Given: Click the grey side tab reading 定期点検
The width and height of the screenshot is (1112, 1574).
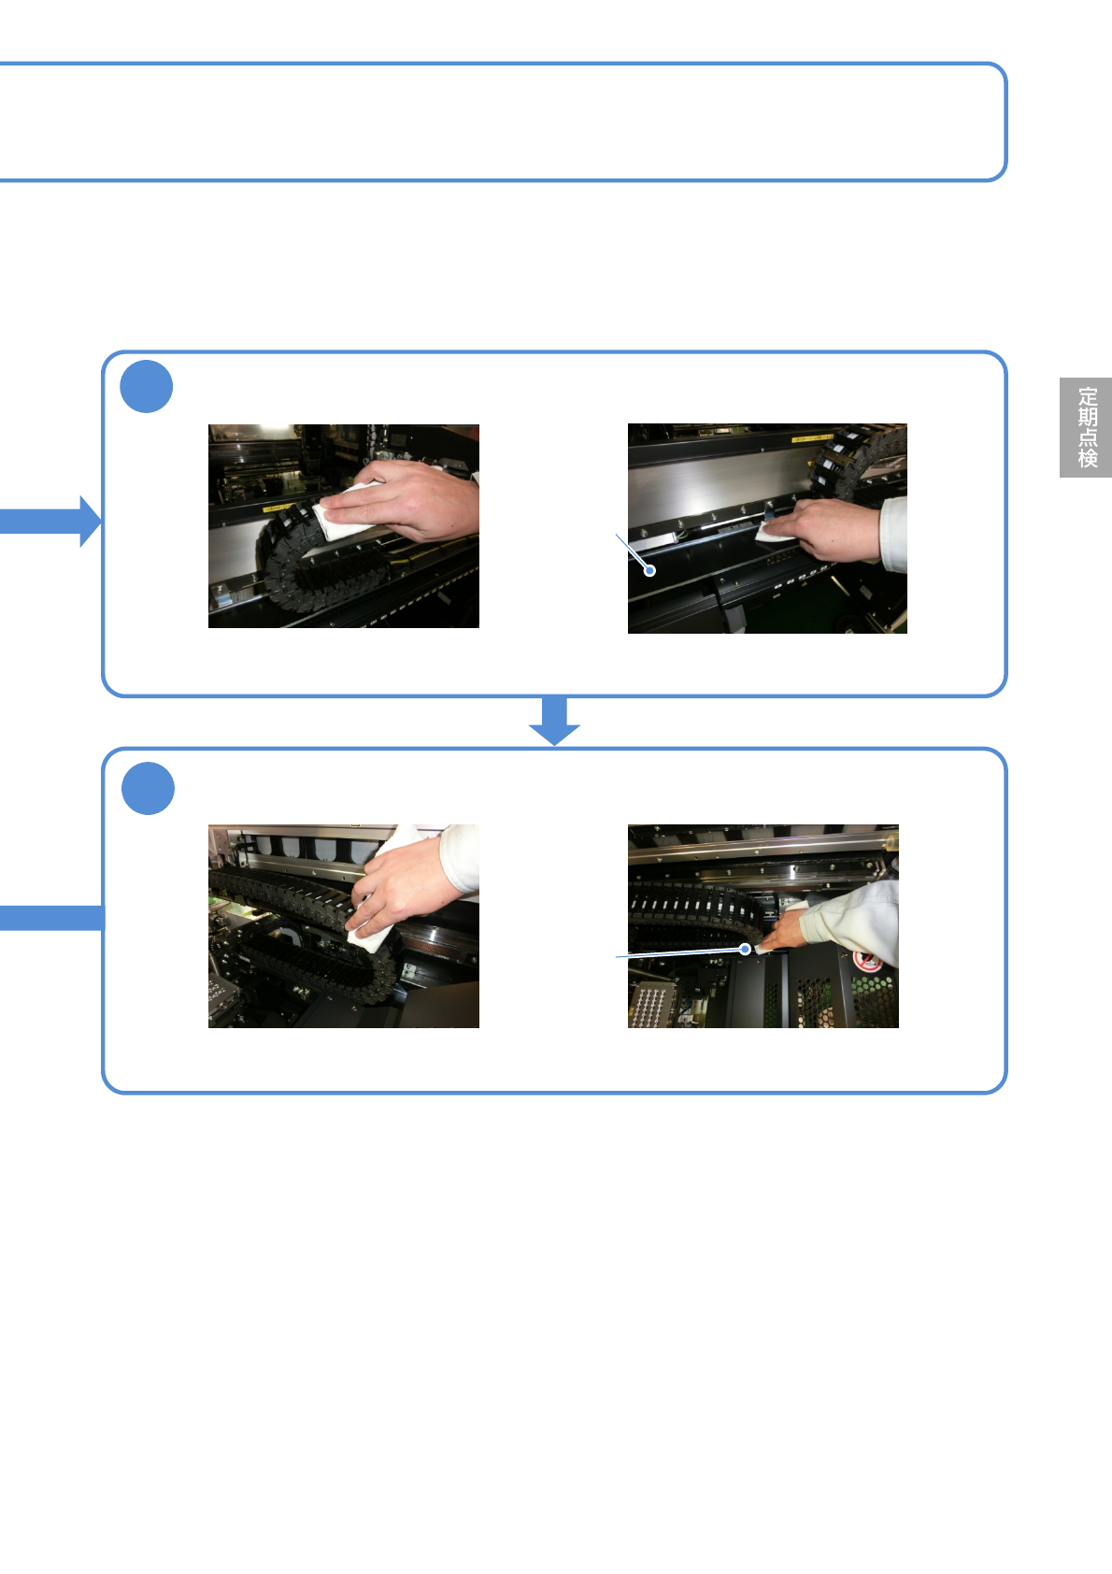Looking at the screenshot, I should tap(1085, 427).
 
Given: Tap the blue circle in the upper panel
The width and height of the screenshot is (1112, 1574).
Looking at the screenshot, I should tap(147, 386).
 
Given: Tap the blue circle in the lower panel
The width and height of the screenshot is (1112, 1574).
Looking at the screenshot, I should tap(148, 788).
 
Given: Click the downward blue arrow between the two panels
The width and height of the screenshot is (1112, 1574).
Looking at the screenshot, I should tap(555, 721).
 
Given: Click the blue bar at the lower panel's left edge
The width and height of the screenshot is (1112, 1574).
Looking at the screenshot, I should tap(51, 918).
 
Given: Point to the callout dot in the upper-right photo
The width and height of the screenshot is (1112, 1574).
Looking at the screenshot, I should tap(649, 570).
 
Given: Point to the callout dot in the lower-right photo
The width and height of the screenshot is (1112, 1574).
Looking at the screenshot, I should tap(745, 949).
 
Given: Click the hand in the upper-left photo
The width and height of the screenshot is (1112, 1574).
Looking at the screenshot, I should tap(411, 500).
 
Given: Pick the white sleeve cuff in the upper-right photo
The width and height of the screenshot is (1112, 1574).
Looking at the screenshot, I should tap(894, 535).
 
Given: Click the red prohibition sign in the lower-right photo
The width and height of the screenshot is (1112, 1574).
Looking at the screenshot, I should tap(868, 961).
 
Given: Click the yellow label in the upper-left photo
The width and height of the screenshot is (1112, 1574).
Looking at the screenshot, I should tap(278, 508).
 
